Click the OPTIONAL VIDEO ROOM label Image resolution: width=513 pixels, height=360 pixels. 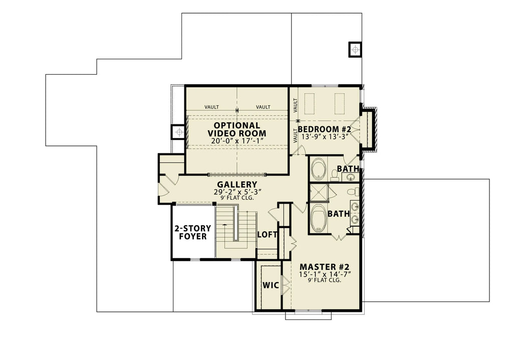tap(237, 129)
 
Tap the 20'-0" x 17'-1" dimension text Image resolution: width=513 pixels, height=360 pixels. tap(237, 142)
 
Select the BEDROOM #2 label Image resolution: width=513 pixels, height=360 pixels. tap(325, 129)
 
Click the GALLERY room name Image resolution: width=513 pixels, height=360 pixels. tap(237, 185)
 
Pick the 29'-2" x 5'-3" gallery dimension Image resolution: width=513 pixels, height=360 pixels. tap(237, 192)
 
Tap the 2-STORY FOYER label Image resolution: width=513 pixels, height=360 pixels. tap(192, 232)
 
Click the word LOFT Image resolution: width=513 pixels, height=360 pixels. tap(267, 234)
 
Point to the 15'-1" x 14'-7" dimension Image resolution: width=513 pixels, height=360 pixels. tap(324, 274)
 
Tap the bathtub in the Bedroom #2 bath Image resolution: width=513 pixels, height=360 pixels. tap(318, 169)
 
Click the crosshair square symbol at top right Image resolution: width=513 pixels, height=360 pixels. tap(355, 50)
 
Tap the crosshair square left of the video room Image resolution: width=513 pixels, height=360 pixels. tap(178, 132)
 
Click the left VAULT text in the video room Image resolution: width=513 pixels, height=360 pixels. tap(211, 107)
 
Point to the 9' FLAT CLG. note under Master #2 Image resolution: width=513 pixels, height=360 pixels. tap(324, 281)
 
